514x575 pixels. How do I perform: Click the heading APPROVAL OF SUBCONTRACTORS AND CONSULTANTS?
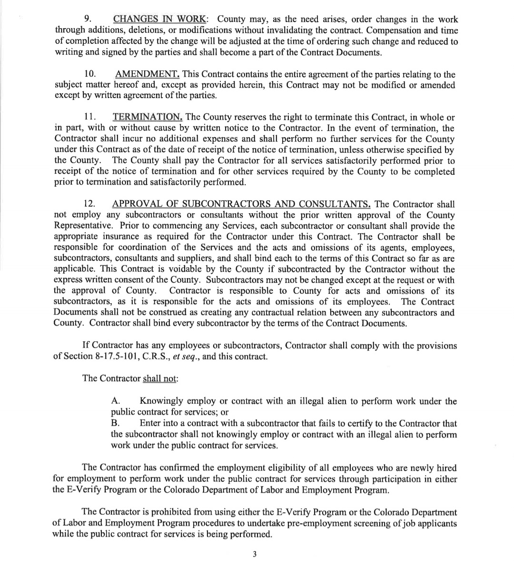pos(241,204)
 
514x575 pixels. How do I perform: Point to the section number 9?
pos(88,20)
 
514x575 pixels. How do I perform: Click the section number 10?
pos(90,74)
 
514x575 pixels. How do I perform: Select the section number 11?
pos(90,117)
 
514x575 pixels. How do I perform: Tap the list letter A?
pos(115,401)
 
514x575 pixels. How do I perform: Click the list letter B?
pos(115,424)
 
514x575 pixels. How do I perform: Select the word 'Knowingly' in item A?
pos(159,401)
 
